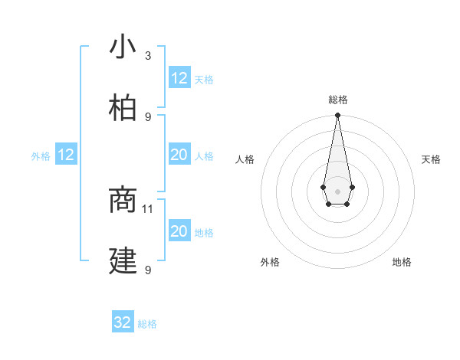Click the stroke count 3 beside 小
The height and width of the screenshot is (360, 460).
(x=148, y=56)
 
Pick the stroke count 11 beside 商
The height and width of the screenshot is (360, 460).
(x=148, y=208)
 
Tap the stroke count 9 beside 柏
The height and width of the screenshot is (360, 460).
(x=148, y=116)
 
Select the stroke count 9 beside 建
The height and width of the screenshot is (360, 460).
(x=148, y=270)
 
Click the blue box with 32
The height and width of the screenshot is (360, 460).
(x=123, y=322)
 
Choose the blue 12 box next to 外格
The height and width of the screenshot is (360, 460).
(x=66, y=155)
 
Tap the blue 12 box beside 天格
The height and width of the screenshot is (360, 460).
(x=179, y=78)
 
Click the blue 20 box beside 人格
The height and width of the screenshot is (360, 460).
(x=179, y=155)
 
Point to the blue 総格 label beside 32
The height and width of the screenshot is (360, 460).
(x=147, y=324)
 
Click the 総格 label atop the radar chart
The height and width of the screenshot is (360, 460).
(x=337, y=100)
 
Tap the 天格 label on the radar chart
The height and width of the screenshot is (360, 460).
(x=431, y=159)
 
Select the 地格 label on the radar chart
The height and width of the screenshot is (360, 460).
(x=402, y=262)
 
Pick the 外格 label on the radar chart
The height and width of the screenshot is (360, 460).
(x=270, y=262)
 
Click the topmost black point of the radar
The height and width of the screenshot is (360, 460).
(x=337, y=116)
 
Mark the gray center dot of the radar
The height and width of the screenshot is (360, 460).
(x=337, y=190)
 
